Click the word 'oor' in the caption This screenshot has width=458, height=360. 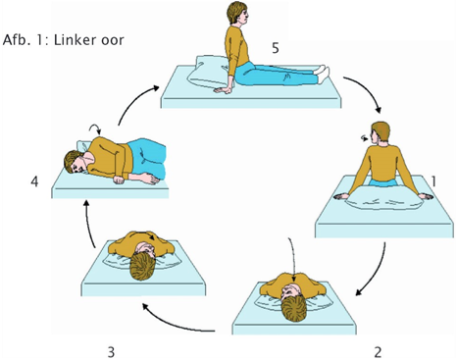pos(113,41)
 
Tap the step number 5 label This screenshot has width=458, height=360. pos(276,48)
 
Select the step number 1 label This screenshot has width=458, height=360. pos(433,181)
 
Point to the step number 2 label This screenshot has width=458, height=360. pos(378,352)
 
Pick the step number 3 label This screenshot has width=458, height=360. pos(111,352)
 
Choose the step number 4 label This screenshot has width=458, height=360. pos(34,181)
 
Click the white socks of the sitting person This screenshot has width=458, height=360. pos(322,74)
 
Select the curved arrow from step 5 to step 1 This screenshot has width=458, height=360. pos(366,91)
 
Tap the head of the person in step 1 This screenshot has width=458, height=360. pos(380,132)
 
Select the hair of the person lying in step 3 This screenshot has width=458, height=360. pos(142,268)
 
